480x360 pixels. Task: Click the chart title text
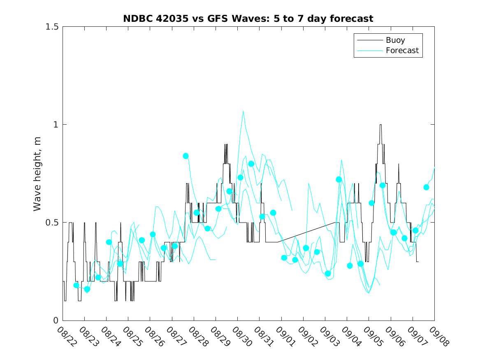click(248, 19)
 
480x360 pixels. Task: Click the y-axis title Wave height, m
click(37, 173)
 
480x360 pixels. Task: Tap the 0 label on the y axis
click(56, 321)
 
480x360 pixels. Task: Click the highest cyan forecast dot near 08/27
click(186, 156)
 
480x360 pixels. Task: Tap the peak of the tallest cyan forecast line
click(243, 111)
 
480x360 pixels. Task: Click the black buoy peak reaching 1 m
click(380, 125)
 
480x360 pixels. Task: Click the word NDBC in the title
click(136, 19)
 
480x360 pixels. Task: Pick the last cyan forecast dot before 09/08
click(426, 187)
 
